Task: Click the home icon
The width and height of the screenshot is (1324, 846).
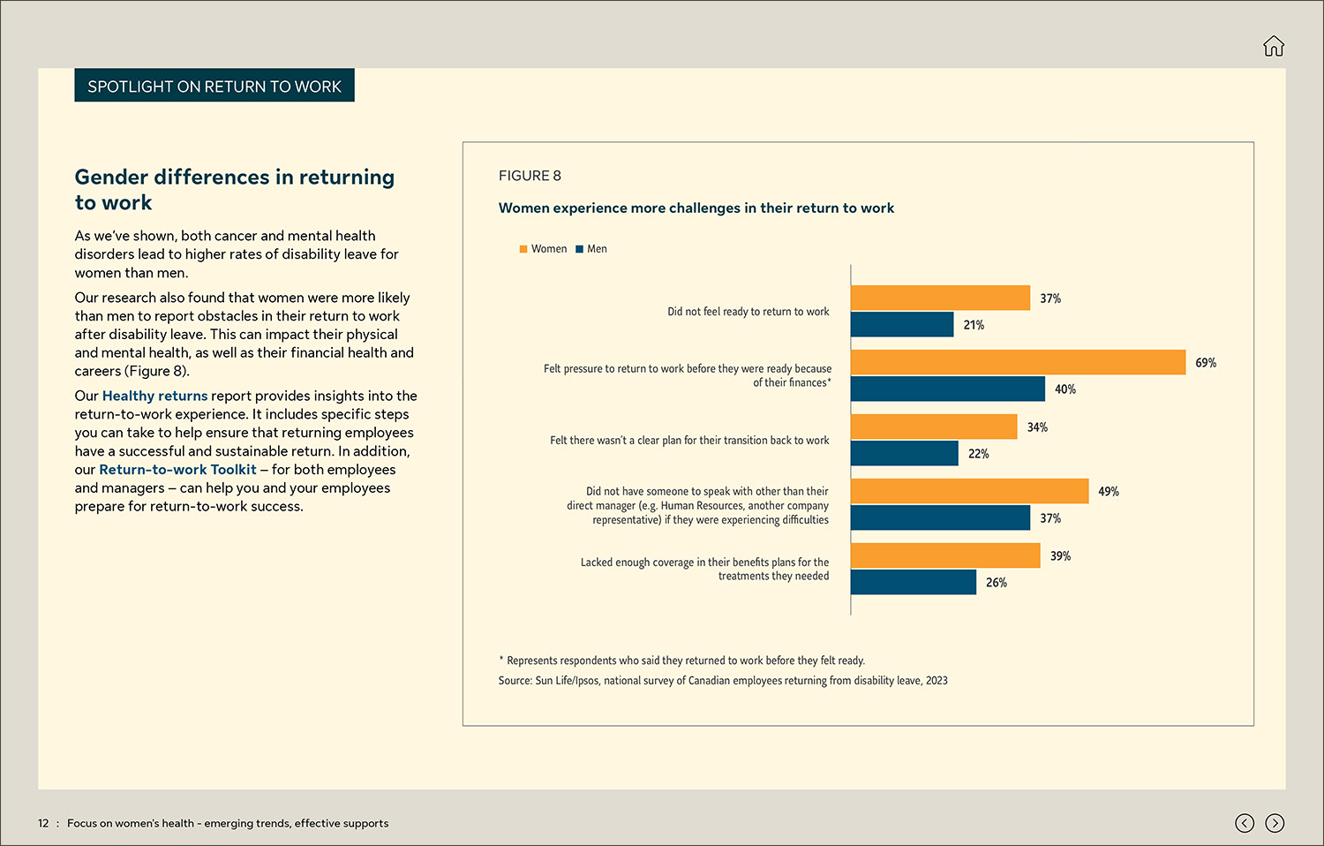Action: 1273,46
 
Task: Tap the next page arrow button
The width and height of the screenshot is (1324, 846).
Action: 1275,823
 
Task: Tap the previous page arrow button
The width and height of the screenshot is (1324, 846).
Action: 1245,823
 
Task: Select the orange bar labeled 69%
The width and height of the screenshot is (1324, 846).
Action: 1018,362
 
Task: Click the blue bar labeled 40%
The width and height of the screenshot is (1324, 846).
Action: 948,389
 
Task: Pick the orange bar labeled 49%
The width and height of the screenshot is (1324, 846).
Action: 969,491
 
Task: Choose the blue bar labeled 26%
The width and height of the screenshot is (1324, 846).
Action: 914,582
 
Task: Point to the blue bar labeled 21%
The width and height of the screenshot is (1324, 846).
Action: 902,324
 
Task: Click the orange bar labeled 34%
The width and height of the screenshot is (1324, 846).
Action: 934,427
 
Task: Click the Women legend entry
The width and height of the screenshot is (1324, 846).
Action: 544,249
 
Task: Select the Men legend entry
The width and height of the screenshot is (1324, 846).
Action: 591,249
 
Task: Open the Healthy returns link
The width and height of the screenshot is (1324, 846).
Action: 154,396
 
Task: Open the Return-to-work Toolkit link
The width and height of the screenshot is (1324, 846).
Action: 177,470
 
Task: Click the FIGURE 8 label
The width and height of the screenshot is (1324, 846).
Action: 530,176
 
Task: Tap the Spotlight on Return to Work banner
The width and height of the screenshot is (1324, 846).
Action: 214,86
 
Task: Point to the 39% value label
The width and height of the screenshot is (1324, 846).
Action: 1060,556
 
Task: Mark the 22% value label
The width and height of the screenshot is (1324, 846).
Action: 978,454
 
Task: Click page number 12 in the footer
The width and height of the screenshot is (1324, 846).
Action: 43,823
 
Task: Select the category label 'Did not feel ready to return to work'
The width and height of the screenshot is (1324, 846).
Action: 748,312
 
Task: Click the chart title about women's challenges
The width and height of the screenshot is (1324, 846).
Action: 696,208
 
